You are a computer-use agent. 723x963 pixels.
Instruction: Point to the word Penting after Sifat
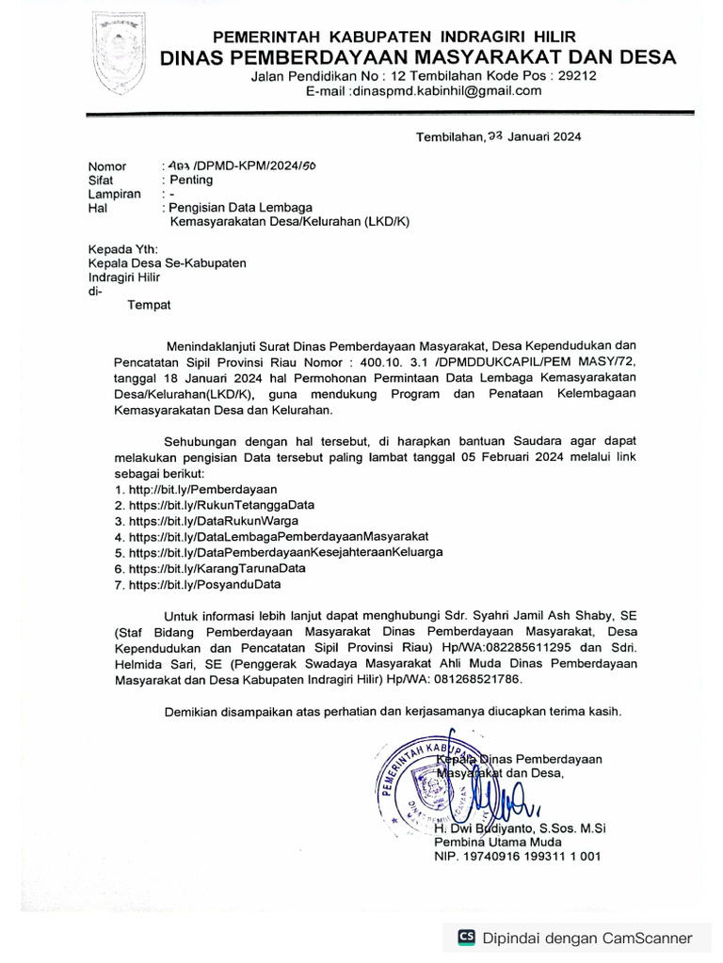tap(191, 180)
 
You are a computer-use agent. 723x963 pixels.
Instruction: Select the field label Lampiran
tap(115, 194)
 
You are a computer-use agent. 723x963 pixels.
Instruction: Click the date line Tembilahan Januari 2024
tap(498, 136)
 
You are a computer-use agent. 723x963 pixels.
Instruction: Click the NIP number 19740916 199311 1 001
tap(517, 857)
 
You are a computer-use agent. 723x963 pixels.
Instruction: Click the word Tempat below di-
tap(150, 305)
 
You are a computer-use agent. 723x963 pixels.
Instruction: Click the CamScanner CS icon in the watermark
tap(466, 938)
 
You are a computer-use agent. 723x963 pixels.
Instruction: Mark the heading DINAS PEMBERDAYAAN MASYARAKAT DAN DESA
tap(418, 57)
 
